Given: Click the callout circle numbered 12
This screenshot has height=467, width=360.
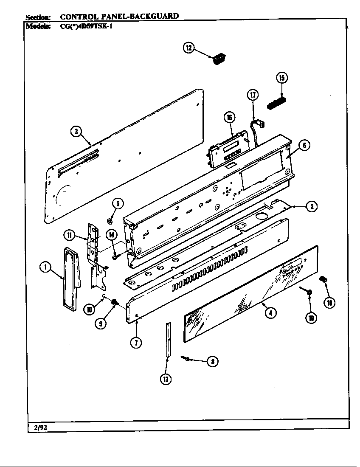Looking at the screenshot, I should pyautogui.click(x=188, y=48).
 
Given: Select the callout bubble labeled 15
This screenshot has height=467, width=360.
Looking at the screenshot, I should pyautogui.click(x=281, y=77).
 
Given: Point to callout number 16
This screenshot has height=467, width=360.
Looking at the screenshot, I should pyautogui.click(x=229, y=118).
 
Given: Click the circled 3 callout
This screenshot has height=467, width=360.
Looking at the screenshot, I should pyautogui.click(x=76, y=132).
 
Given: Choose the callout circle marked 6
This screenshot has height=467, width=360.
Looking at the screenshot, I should pyautogui.click(x=304, y=145).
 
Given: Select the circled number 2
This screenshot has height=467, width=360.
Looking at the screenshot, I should pyautogui.click(x=311, y=207).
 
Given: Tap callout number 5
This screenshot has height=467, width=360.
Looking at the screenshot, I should pyautogui.click(x=118, y=203).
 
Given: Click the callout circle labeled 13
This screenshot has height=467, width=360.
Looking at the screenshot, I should pyautogui.click(x=166, y=379).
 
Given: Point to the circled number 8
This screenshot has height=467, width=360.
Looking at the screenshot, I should pyautogui.click(x=212, y=361).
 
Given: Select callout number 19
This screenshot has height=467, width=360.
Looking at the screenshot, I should pyautogui.click(x=311, y=317).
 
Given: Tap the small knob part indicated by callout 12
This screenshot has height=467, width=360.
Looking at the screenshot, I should pyautogui.click(x=218, y=59).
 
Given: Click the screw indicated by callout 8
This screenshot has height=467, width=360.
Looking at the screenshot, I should pyautogui.click(x=186, y=359).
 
